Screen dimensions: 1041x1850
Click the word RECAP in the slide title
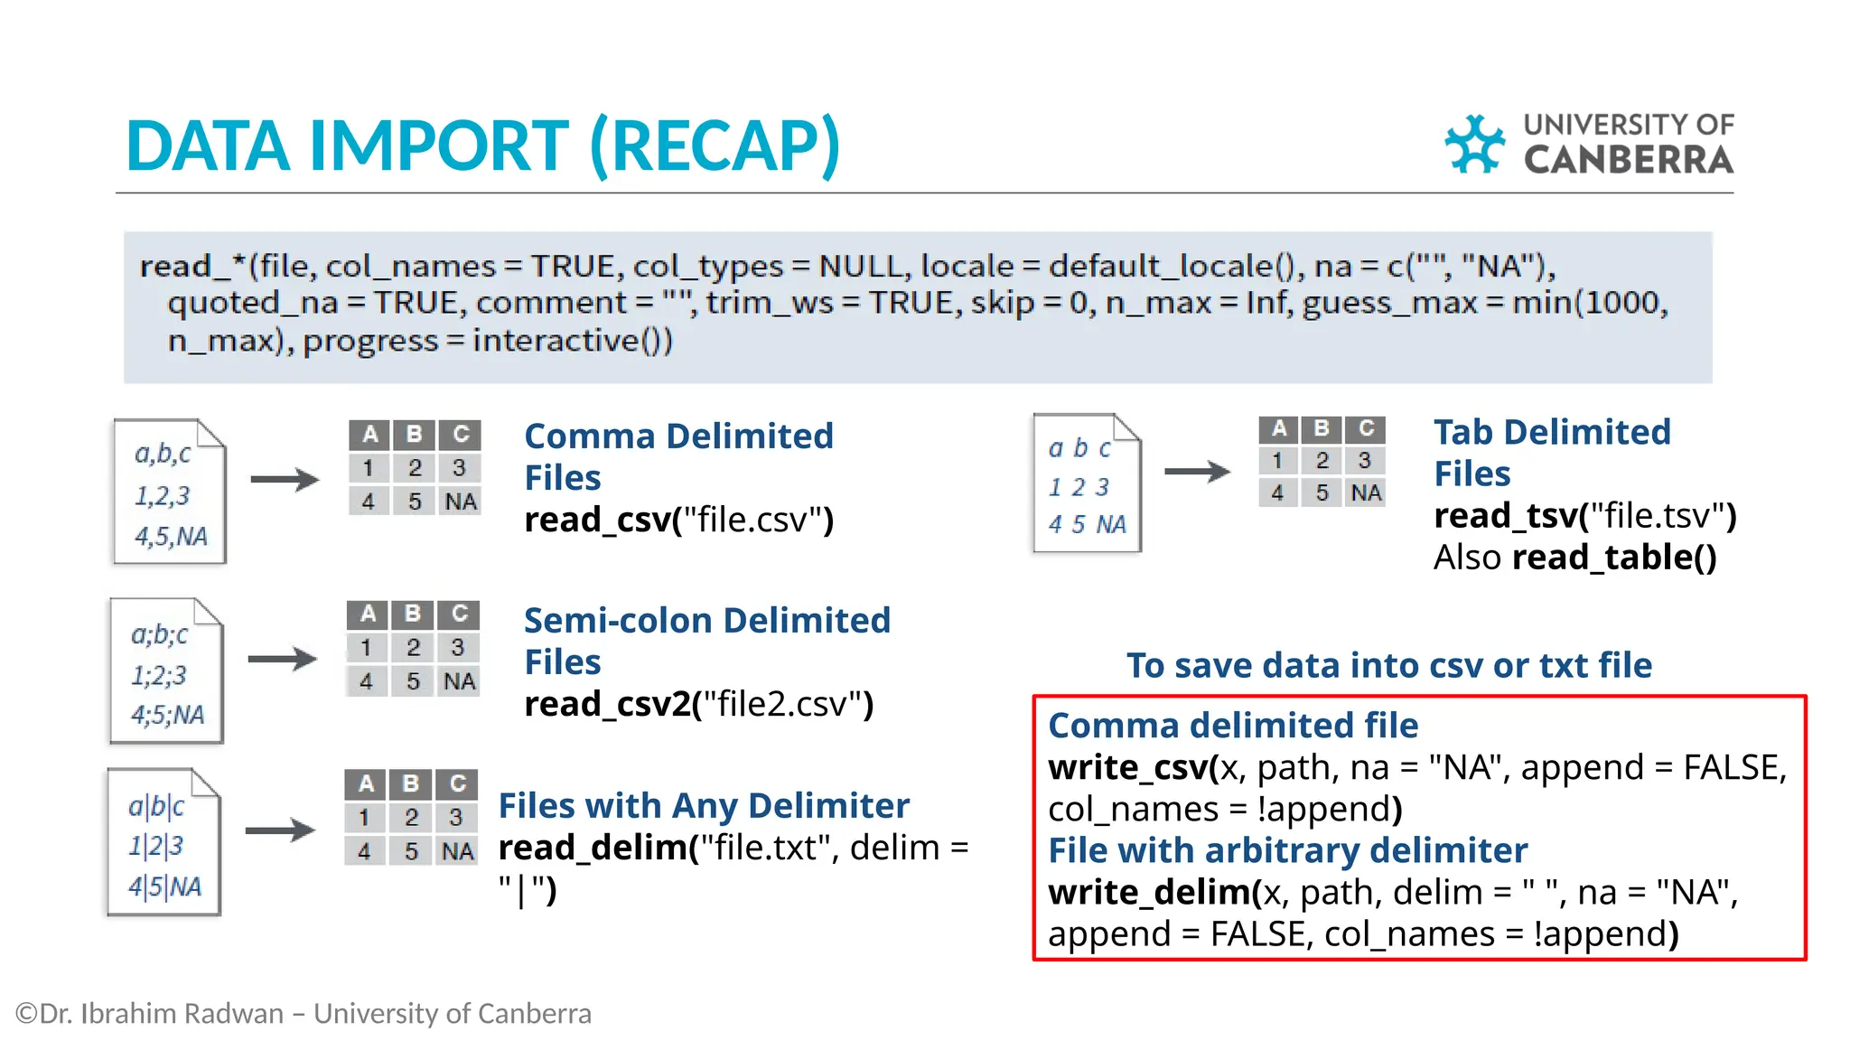click(715, 146)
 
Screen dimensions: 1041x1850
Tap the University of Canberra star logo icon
click(1474, 144)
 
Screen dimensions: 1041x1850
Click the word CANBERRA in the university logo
click(1628, 161)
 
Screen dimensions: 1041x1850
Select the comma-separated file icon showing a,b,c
click(169, 492)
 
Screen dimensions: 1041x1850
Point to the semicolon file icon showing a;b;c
click(166, 671)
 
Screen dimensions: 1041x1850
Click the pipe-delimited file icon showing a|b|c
click(164, 842)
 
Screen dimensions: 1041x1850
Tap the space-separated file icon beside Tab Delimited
click(1087, 484)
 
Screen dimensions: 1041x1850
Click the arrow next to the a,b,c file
click(285, 479)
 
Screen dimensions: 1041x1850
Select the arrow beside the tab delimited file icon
click(1197, 471)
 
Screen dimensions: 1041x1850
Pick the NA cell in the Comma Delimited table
click(461, 502)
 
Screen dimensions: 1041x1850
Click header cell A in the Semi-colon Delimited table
click(368, 614)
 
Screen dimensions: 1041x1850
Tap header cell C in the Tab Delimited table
click(1366, 428)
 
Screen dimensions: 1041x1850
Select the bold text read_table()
click(1614, 558)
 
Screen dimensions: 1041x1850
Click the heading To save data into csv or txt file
click(1388, 665)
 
